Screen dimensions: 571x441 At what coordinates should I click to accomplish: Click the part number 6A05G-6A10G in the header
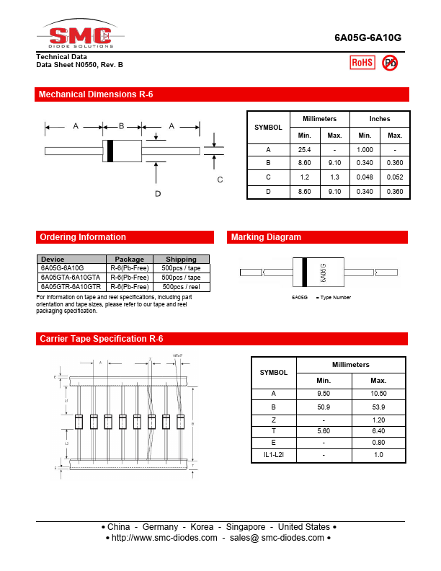(x=367, y=39)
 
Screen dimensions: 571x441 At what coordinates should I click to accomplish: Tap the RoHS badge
(x=362, y=63)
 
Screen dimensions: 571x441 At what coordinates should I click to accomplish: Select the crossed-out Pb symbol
(x=390, y=63)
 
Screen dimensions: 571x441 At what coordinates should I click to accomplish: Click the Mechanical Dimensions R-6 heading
(x=96, y=94)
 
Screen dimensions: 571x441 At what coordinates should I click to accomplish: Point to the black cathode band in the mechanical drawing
(x=110, y=150)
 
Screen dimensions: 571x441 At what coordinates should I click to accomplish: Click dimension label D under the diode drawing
(x=158, y=193)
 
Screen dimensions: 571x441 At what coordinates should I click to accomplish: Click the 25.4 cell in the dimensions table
(x=304, y=149)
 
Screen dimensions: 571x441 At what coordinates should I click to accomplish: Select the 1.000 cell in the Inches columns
(x=365, y=149)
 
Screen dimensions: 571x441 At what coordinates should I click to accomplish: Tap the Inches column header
(x=380, y=119)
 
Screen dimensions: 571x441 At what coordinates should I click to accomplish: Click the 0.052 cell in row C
(x=395, y=177)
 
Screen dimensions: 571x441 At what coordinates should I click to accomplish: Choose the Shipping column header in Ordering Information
(x=181, y=260)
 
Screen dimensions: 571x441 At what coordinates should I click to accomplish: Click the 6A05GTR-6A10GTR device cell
(x=71, y=286)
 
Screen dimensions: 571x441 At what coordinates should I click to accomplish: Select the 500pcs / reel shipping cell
(x=181, y=286)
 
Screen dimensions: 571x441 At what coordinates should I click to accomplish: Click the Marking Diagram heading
(x=266, y=237)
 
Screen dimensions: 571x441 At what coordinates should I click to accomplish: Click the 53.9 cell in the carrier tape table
(x=378, y=407)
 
